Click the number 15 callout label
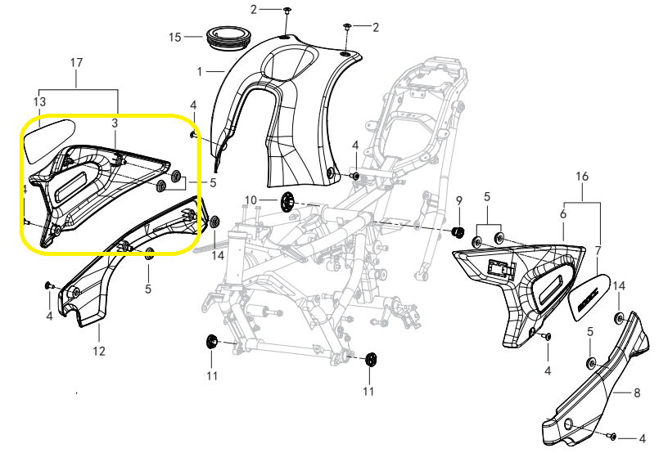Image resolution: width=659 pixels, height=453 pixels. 174,37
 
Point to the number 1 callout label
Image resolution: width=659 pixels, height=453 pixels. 199,72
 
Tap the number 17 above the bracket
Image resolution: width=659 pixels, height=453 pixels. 77,62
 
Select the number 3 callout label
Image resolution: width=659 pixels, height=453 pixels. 115,122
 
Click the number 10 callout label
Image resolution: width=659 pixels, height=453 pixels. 251,200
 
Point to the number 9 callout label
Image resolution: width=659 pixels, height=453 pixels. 459,201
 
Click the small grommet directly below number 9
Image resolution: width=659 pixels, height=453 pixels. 459,231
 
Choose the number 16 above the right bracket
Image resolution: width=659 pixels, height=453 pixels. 582,177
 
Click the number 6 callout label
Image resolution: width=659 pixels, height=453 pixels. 563,213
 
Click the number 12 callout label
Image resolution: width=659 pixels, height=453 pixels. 98,352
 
